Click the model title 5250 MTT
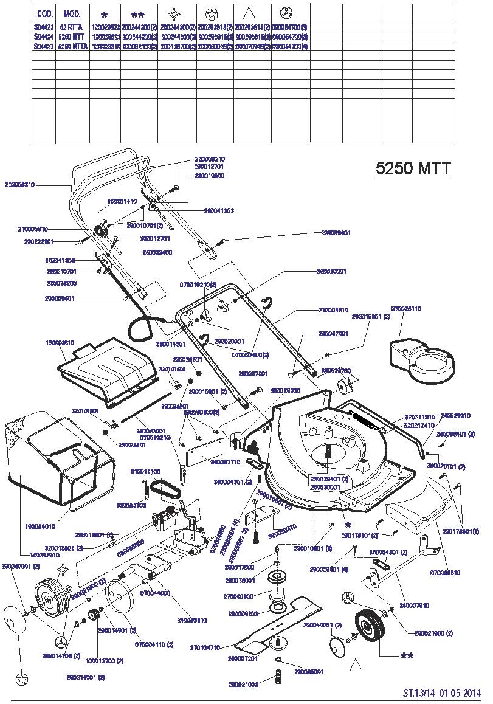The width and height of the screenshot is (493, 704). (x=413, y=168)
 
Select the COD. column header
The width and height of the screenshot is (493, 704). (x=44, y=13)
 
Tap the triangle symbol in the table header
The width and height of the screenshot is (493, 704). (x=251, y=13)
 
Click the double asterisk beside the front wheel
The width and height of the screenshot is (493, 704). (x=407, y=656)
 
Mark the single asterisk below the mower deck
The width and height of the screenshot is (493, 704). (x=348, y=524)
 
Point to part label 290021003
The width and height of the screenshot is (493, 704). (x=243, y=685)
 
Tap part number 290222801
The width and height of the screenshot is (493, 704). (x=39, y=241)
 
